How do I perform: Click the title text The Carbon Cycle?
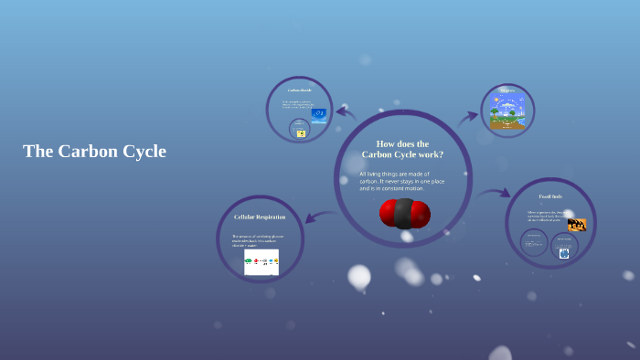click(94, 152)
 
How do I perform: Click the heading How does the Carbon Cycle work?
click(402, 149)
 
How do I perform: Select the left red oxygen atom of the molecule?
click(389, 213)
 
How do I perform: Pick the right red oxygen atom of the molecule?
click(421, 214)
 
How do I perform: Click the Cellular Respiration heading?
click(260, 217)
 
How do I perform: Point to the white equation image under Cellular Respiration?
click(261, 262)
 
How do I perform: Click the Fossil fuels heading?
click(550, 196)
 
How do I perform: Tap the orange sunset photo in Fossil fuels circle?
click(576, 224)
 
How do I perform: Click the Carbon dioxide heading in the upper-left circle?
click(300, 90)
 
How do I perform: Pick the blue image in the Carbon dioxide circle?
click(319, 114)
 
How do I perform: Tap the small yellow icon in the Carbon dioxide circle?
click(301, 133)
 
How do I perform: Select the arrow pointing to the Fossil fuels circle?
click(495, 193)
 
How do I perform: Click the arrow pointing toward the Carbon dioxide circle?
click(346, 111)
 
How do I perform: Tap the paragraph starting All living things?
click(402, 181)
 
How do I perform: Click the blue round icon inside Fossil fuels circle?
click(564, 253)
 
